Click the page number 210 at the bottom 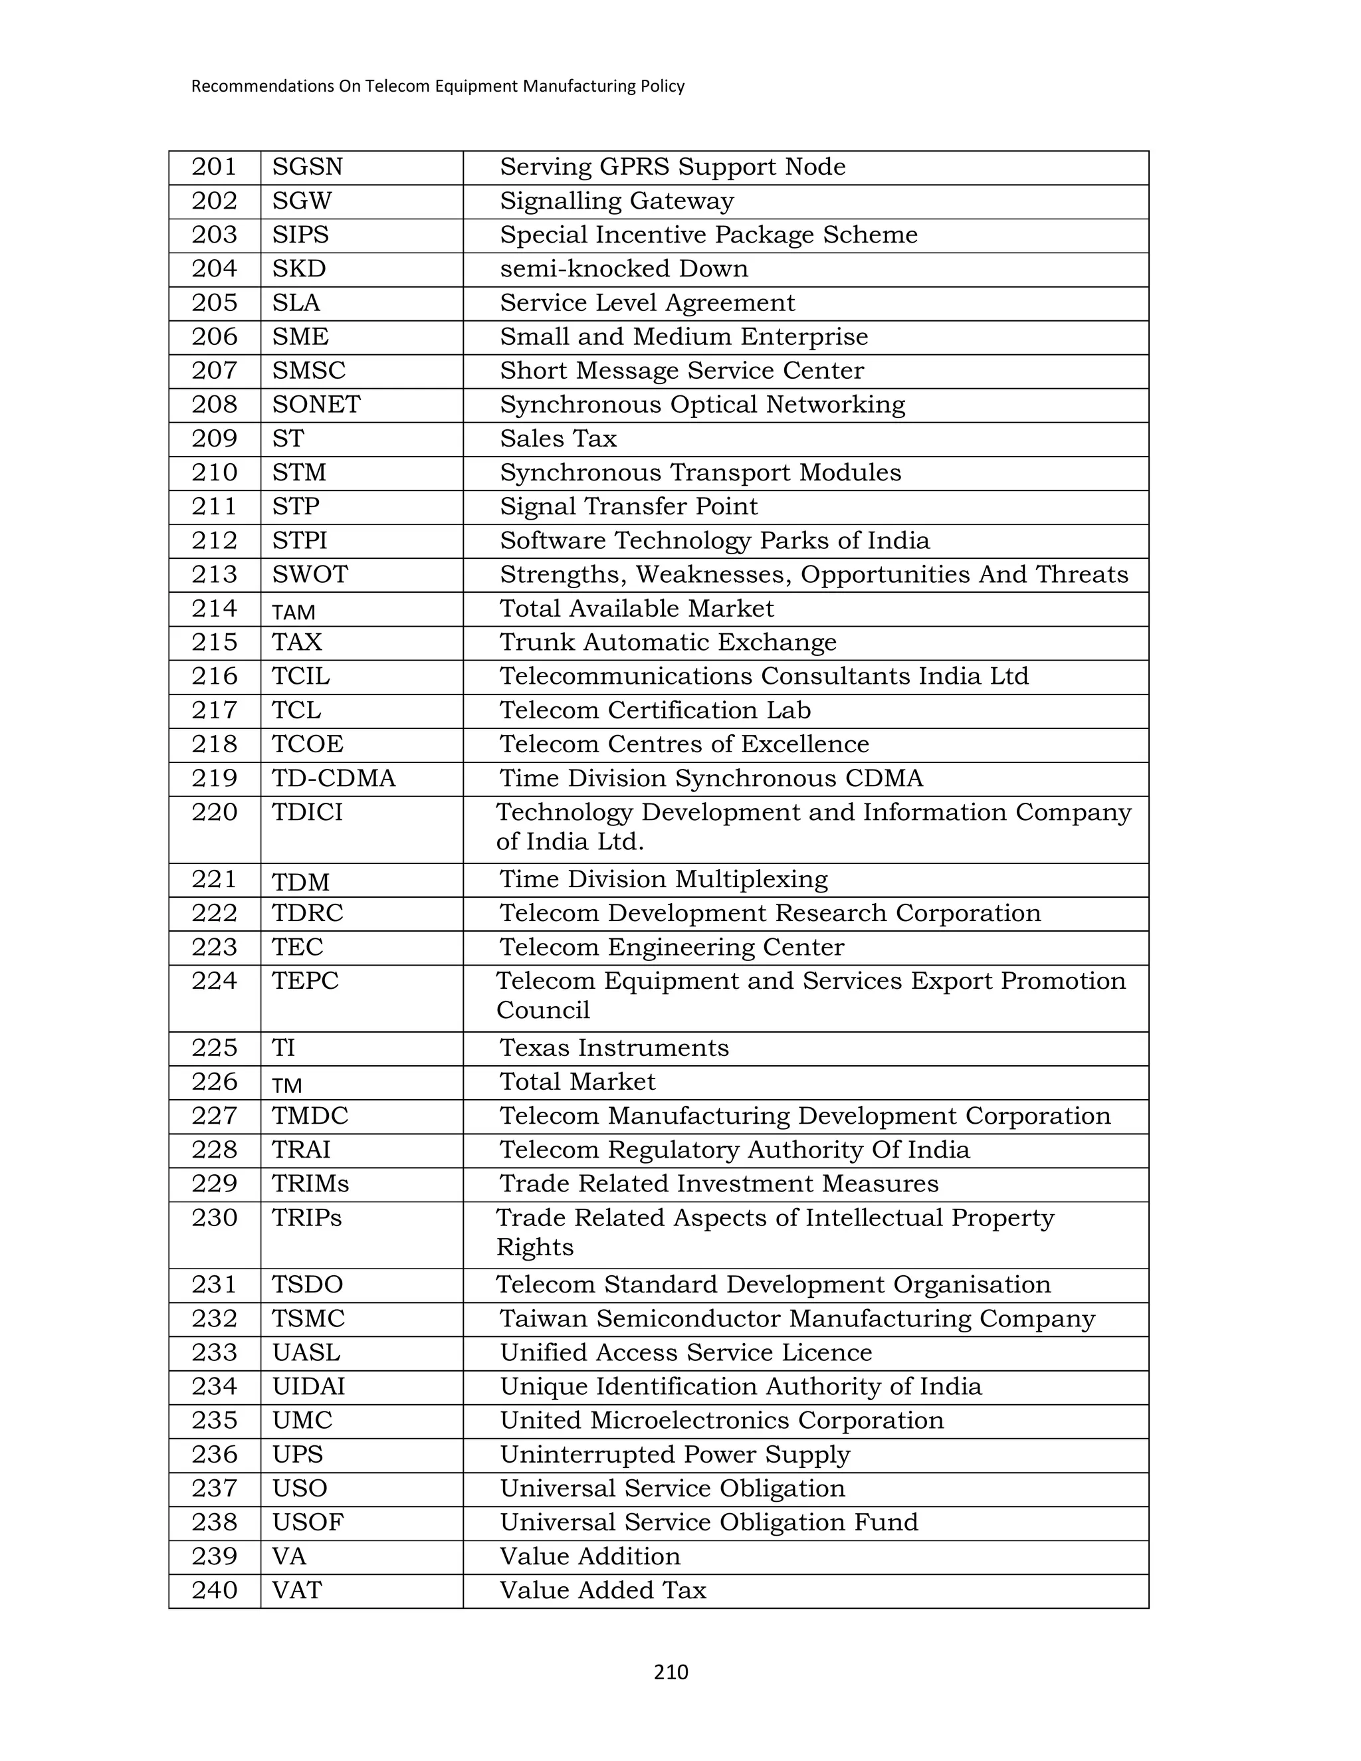(x=670, y=1673)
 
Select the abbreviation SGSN (x=307, y=167)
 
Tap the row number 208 (x=215, y=405)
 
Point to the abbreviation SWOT (x=310, y=575)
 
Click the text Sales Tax (x=558, y=439)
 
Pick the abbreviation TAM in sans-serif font (x=294, y=613)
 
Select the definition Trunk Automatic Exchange (x=668, y=643)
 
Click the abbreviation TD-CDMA (x=334, y=779)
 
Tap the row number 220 (x=215, y=813)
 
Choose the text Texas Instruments (x=613, y=1048)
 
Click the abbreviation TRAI (x=301, y=1150)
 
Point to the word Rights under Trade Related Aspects (x=534, y=1247)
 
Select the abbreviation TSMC (x=308, y=1319)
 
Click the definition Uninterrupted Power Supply (x=675, y=1455)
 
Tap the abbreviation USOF (x=307, y=1522)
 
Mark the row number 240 (x=215, y=1590)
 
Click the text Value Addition (x=589, y=1556)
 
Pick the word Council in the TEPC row (x=543, y=1010)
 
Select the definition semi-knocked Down (x=623, y=268)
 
